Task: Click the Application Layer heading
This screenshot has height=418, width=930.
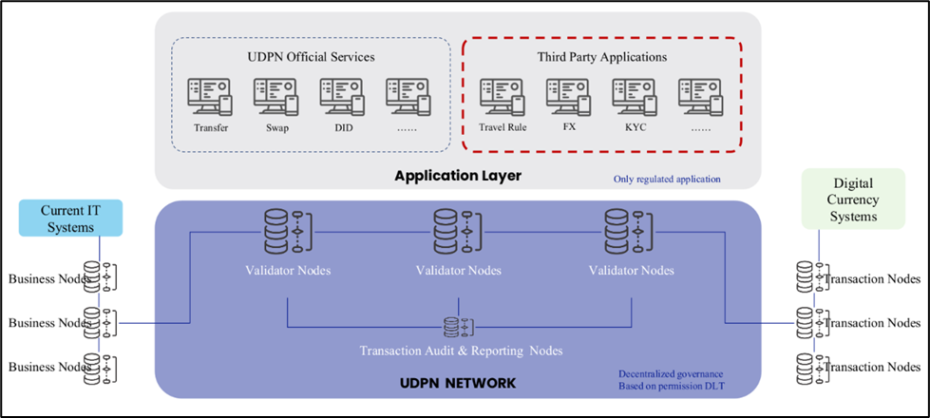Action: (459, 176)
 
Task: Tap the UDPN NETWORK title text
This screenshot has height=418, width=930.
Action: (459, 384)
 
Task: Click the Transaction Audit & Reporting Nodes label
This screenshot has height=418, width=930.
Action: (461, 351)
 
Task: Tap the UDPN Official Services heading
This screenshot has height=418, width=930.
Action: (310, 57)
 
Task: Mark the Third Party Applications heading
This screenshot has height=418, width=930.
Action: (600, 57)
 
